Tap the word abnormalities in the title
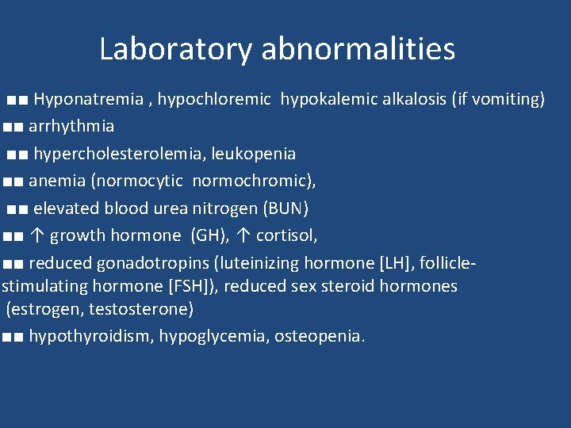coord(358,49)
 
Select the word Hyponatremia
coord(88,99)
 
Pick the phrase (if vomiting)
coord(498,99)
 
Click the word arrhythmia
coord(71,126)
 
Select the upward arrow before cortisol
coord(244,235)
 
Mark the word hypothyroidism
coord(90,336)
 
